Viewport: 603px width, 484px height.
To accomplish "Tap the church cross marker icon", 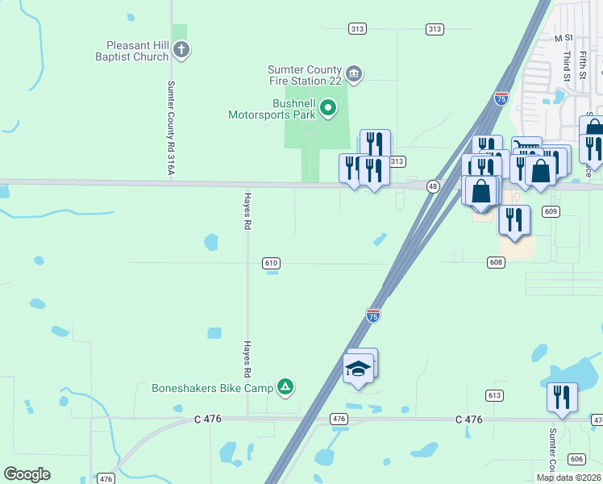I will coord(181,50).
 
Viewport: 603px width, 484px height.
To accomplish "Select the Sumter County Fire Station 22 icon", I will coord(354,75).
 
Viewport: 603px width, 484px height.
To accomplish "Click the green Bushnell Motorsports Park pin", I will coord(328,106).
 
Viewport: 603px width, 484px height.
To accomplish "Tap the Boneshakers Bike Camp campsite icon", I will coord(285,388).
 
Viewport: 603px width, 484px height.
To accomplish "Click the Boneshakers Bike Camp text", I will coord(213,388).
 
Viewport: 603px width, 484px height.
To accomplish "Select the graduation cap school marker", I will coord(358,369).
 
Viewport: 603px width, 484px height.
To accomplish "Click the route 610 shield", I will coord(271,263).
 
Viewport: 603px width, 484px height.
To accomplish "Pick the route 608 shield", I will coord(497,262).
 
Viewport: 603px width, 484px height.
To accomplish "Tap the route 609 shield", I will coord(551,211).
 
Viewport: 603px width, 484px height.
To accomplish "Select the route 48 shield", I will coord(434,186).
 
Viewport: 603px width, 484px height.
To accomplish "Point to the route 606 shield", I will coord(576,459).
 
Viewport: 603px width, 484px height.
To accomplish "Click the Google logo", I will coord(27,474).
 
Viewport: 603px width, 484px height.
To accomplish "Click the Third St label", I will coord(568,67).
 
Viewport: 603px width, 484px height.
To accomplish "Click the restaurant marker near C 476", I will coord(562,397).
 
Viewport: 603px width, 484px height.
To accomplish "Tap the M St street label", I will coord(563,38).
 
